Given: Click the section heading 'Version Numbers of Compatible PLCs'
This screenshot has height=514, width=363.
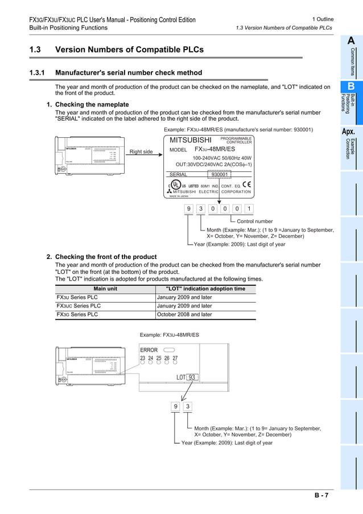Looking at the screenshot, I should click(x=129, y=50).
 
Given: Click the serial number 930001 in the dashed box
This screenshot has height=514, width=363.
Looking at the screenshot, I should click(x=219, y=175).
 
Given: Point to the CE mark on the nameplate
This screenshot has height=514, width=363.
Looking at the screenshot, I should click(x=246, y=184).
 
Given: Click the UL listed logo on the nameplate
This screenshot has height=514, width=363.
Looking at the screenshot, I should click(x=177, y=185).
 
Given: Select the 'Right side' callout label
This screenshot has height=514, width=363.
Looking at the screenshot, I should click(x=141, y=152).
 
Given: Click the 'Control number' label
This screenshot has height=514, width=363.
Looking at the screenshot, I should click(x=254, y=221).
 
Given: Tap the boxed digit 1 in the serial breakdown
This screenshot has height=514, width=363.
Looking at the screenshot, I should click(x=249, y=208).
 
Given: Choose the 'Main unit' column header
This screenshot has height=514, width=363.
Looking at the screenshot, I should click(x=105, y=289).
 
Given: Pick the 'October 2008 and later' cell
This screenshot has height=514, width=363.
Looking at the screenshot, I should click(x=184, y=314).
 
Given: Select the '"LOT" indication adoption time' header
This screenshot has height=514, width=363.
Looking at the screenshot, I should click(x=205, y=289).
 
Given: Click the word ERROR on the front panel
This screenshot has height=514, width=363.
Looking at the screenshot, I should click(x=148, y=350).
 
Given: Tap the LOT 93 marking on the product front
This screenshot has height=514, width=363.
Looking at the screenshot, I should click(x=186, y=377).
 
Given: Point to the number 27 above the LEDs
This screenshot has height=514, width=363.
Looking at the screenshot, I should click(x=175, y=358).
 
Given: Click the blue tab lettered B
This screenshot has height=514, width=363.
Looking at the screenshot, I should click(x=351, y=87).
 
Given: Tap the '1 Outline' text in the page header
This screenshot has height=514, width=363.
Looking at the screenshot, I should click(x=323, y=19).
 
